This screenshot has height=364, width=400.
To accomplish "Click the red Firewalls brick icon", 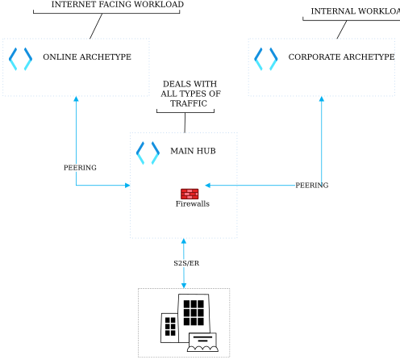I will click(190, 193).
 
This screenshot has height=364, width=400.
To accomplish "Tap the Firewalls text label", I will click(193, 204).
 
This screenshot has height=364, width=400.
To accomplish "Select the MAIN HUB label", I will click(193, 151).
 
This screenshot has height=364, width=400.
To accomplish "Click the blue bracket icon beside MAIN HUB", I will click(148, 152).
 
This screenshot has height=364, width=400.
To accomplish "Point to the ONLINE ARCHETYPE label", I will click(87, 57).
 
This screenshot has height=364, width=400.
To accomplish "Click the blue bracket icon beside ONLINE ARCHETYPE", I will click(20, 58).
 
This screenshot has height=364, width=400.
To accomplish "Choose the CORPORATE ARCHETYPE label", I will click(341, 57).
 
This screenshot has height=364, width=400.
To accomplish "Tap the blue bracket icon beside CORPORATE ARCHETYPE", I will click(266, 58).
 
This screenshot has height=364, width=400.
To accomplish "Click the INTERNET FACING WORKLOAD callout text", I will click(117, 5).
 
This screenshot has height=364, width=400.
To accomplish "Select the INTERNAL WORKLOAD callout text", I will click(355, 11).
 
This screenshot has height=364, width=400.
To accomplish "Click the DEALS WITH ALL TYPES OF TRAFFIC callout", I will click(190, 93).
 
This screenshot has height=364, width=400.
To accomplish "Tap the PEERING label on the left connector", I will click(80, 168).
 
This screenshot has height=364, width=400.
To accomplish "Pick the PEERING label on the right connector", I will click(311, 186).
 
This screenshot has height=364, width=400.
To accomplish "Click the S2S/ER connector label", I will click(186, 263).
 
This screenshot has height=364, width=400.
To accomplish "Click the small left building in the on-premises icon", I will click(169, 326).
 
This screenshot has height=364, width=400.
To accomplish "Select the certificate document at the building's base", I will click(202, 342).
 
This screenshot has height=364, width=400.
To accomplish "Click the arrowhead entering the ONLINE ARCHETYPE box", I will click(76, 99).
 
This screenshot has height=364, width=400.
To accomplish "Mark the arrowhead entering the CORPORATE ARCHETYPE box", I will click(322, 99).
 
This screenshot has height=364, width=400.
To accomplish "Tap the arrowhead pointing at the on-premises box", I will click(184, 284).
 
